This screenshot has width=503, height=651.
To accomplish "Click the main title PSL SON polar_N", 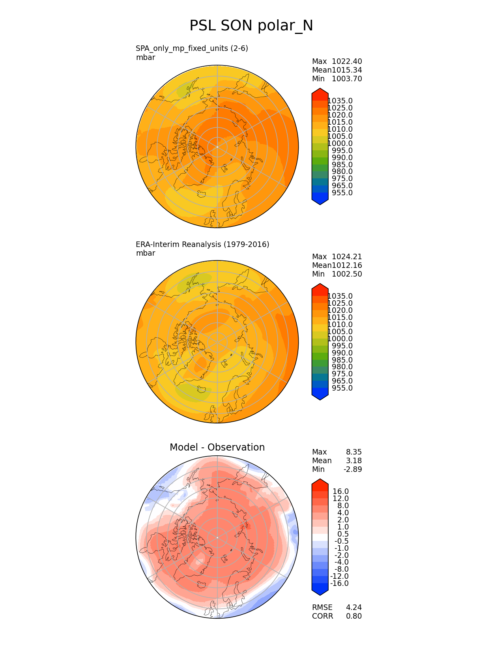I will [251, 26].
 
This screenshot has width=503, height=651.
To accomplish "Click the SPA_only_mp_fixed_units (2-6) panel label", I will [192, 49].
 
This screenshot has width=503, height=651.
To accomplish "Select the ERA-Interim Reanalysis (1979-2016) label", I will [202, 244].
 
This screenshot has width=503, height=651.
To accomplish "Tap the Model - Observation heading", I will [217, 447].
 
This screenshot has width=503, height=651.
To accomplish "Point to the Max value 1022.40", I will [347, 62].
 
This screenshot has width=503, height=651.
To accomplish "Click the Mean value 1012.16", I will [347, 266].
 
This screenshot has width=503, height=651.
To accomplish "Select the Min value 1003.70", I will [347, 79].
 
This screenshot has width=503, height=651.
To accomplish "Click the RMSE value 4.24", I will [354, 608].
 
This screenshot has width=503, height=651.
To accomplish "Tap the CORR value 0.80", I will [354, 616].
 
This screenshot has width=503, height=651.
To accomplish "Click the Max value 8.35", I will [354, 452].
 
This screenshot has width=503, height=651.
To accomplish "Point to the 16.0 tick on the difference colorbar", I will [341, 492].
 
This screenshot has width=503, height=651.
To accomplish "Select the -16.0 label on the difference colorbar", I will [339, 584].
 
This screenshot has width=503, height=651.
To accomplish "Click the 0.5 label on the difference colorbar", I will [343, 534].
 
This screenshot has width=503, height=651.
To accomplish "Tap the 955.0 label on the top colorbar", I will [342, 193].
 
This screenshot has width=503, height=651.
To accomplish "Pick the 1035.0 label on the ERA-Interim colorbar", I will [340, 296].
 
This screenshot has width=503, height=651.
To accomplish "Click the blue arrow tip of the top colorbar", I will [320, 200].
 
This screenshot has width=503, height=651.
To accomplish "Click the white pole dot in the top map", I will [217, 147].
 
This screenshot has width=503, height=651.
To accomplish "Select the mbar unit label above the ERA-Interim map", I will [146, 253].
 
